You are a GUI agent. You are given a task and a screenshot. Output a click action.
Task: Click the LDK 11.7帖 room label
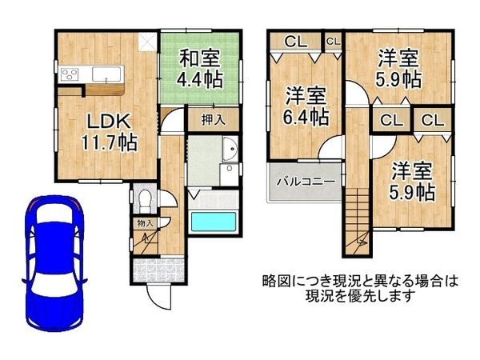coord(106,132)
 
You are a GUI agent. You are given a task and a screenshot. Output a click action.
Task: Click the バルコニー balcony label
coord(301,182)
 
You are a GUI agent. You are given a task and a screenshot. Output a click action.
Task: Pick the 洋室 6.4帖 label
coord(306,106)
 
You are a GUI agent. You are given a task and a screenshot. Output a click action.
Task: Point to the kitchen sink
coord(105,74)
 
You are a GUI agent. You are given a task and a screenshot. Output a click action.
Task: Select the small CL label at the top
coord(333,40)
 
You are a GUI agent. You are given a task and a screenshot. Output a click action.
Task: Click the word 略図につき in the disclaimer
coord(298,281)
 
